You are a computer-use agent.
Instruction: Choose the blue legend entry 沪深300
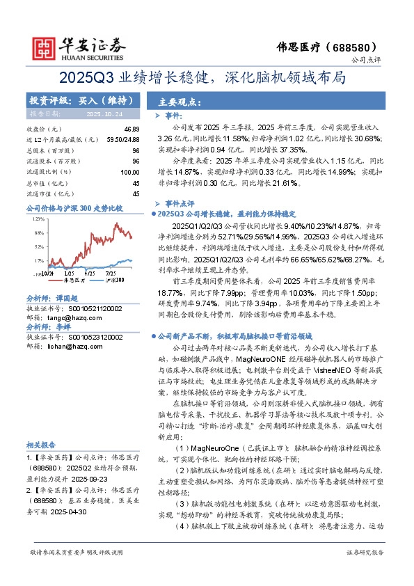tap(112, 280)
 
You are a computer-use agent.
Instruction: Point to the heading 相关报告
tap(42, 445)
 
